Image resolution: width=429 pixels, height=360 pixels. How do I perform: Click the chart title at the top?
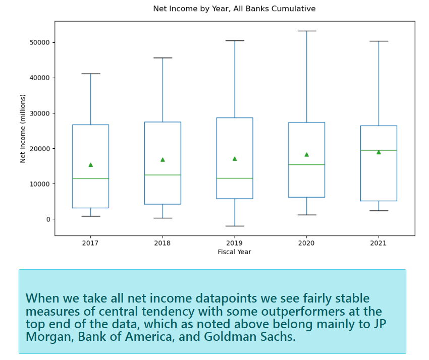click(x=234, y=9)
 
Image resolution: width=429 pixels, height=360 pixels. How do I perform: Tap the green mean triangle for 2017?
click(x=90, y=165)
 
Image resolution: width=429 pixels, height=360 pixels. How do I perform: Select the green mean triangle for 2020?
click(x=307, y=155)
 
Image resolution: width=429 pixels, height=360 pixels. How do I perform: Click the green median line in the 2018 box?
click(x=163, y=175)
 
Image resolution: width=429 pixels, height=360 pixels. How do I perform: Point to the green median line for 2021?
click(x=379, y=150)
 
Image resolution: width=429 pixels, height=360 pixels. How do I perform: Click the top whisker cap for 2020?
click(x=307, y=31)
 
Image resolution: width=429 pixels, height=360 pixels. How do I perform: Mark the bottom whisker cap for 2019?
click(x=235, y=226)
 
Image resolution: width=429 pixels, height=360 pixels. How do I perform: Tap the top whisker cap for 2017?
click(x=90, y=74)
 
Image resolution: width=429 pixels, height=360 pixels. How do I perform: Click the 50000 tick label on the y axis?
click(x=40, y=43)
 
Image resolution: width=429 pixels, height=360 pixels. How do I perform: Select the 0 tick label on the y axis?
click(x=48, y=219)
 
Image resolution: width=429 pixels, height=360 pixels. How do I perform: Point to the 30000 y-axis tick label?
click(x=40, y=113)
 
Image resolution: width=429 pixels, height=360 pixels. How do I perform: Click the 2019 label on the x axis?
click(x=235, y=243)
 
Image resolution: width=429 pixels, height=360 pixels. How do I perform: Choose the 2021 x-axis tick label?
click(x=379, y=243)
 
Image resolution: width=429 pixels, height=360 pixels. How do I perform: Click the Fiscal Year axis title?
click(x=235, y=252)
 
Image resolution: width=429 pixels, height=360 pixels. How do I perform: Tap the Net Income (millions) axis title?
click(x=23, y=129)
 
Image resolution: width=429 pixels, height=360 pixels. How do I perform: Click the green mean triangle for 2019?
click(x=235, y=159)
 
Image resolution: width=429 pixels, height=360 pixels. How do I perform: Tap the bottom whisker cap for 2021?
click(x=379, y=211)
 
